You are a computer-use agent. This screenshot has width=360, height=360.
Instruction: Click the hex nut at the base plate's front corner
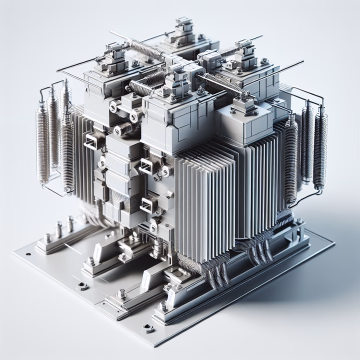pyautogui.click(x=147, y=329)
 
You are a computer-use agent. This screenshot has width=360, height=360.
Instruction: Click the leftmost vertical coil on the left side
pyautogui.click(x=43, y=140)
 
